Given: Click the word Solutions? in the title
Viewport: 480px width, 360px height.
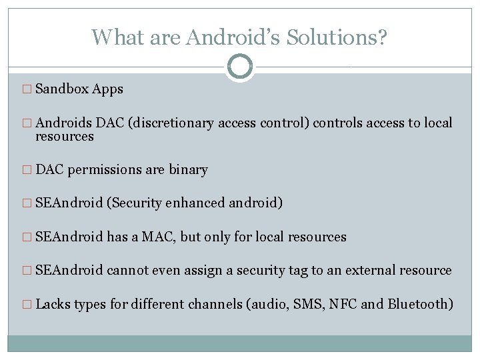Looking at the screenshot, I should (337, 37).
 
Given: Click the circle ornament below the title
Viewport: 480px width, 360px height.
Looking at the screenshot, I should (240, 66).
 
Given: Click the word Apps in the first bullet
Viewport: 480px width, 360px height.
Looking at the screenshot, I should (108, 89).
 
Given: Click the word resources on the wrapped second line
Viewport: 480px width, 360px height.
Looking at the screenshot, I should (65, 137).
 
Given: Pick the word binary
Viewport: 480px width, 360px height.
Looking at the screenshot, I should (188, 170).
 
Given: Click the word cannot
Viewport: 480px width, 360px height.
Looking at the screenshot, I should (128, 270).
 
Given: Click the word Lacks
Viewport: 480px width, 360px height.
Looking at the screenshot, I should (53, 305).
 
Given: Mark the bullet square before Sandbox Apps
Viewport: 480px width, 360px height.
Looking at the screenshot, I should (27, 89).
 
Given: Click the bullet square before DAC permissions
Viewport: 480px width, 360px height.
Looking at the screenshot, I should (27, 171).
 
